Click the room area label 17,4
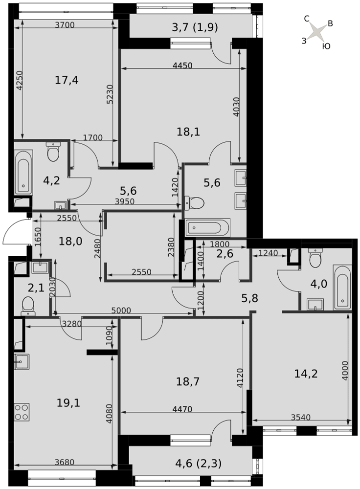[67, 81]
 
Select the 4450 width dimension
[182, 66]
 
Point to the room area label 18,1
[188, 132]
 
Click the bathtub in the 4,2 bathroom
[23, 173]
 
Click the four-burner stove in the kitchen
[22, 412]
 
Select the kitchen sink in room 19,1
[22, 362]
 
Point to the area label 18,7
[188, 381]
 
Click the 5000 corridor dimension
[121, 311]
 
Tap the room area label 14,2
[306, 373]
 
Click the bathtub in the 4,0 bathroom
[342, 287]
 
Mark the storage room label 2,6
[225, 254]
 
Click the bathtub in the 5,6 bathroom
[208, 227]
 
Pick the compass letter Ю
[326, 46]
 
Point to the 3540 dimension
[300, 417]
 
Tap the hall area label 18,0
[70, 241]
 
